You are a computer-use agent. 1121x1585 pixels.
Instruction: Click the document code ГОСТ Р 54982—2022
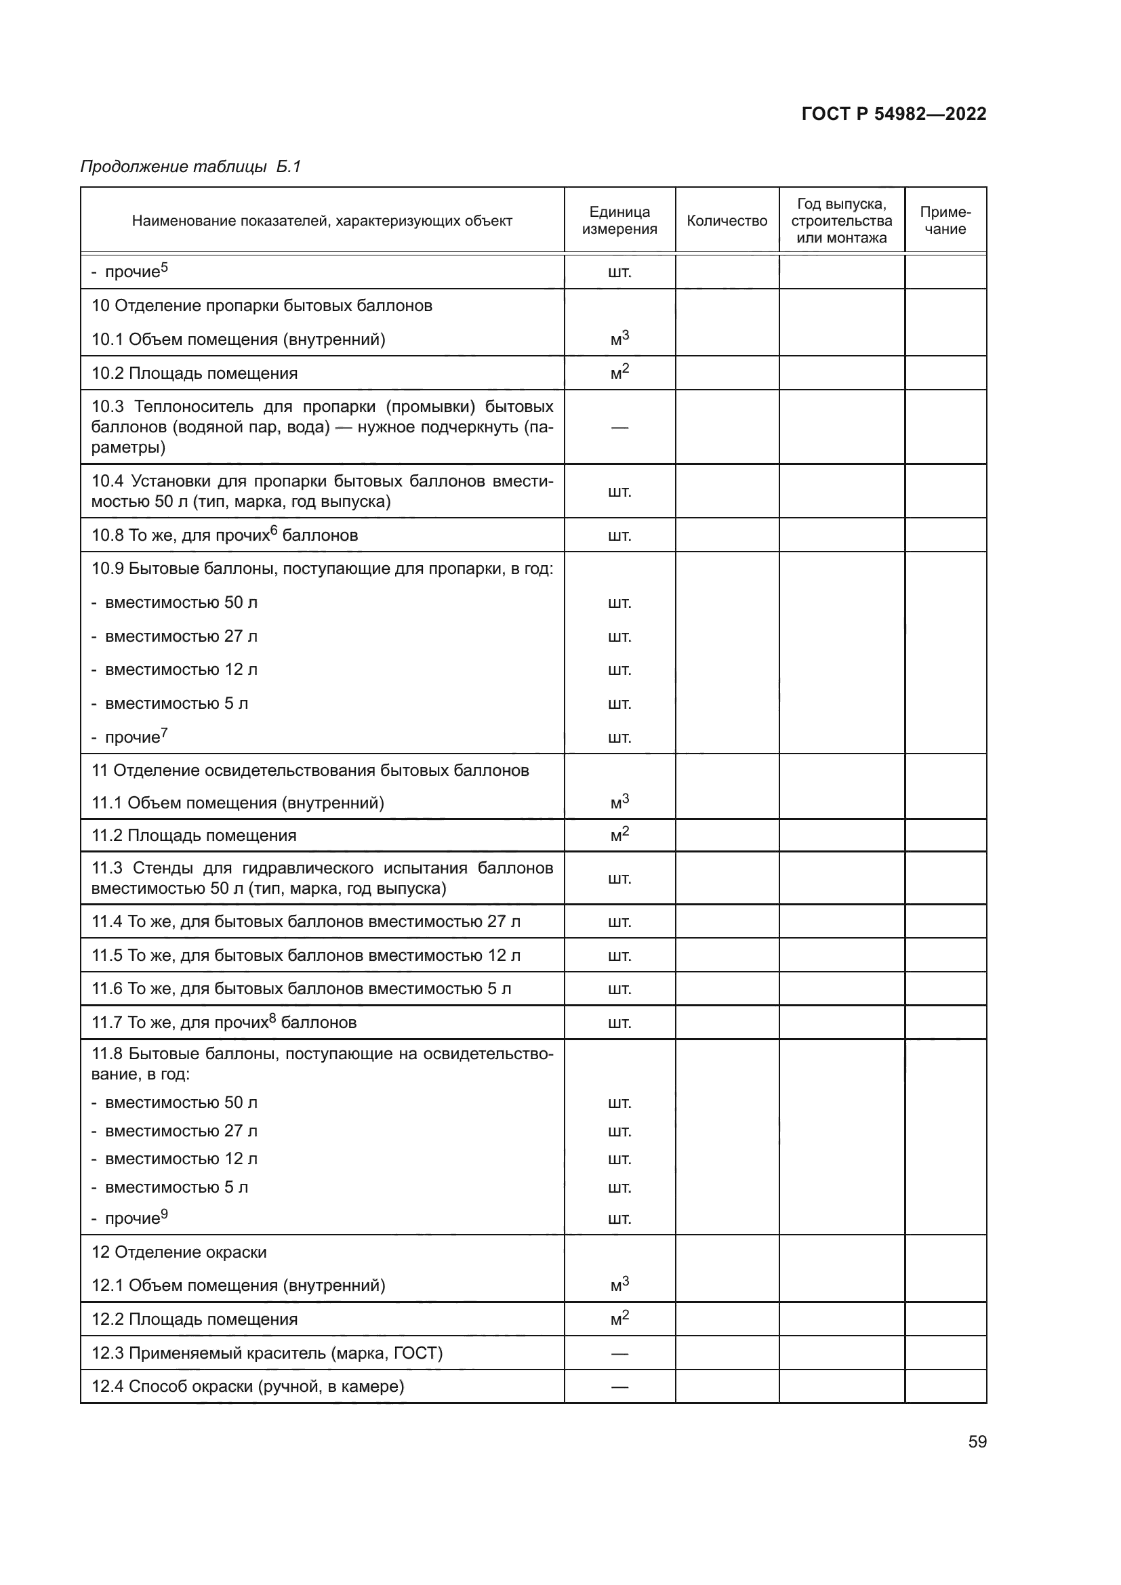click(893, 114)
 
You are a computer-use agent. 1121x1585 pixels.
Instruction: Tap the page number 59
click(977, 1441)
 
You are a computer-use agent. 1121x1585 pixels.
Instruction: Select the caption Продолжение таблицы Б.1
click(190, 167)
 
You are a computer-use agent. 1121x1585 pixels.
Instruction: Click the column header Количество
click(726, 221)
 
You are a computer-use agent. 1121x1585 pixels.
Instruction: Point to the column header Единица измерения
click(619, 221)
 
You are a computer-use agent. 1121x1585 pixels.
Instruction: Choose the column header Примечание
click(945, 221)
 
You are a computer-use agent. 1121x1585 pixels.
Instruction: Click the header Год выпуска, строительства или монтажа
click(842, 221)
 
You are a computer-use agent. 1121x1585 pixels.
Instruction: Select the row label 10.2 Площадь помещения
click(195, 373)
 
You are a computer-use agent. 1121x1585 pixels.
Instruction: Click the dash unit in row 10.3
click(619, 428)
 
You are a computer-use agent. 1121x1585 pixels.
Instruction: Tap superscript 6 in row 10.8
click(273, 530)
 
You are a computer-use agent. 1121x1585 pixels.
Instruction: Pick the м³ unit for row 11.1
click(619, 802)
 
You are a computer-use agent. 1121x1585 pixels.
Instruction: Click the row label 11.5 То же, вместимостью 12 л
click(306, 955)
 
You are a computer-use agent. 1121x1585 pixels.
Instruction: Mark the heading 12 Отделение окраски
click(179, 1252)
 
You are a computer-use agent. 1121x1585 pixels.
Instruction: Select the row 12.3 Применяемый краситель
click(266, 1353)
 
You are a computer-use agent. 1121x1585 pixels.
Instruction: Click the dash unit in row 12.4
click(619, 1386)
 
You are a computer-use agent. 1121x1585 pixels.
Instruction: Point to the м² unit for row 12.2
click(619, 1319)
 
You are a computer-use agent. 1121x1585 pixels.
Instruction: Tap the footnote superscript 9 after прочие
click(164, 1213)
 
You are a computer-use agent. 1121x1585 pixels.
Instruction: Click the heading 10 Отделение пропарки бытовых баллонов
click(262, 306)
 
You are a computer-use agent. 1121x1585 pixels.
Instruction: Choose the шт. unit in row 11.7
click(619, 1023)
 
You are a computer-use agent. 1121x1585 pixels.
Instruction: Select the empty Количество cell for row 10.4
click(726, 491)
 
